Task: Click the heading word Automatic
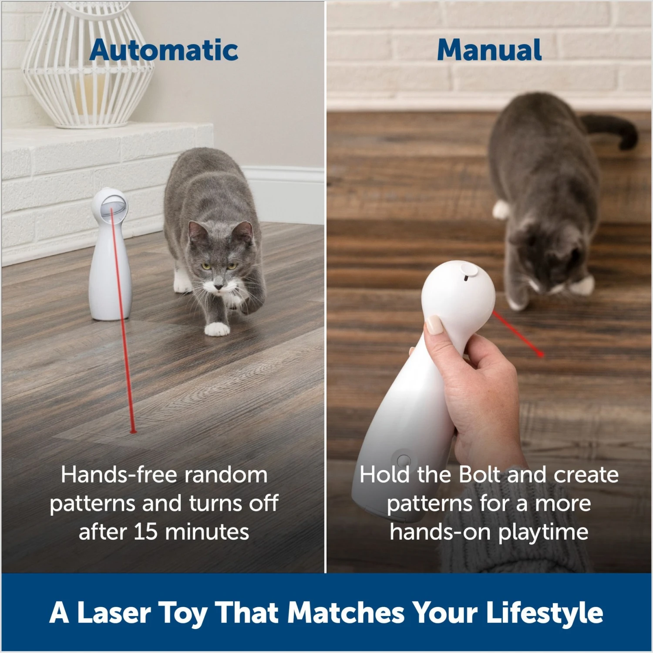tap(164, 50)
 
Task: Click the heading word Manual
tap(489, 50)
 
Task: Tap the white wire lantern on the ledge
tap(87, 65)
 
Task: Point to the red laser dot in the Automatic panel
tap(133, 431)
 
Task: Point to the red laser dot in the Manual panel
tap(541, 354)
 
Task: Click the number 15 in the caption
tap(145, 532)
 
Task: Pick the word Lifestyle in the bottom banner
tap(544, 613)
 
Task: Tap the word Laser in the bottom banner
tap(113, 613)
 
